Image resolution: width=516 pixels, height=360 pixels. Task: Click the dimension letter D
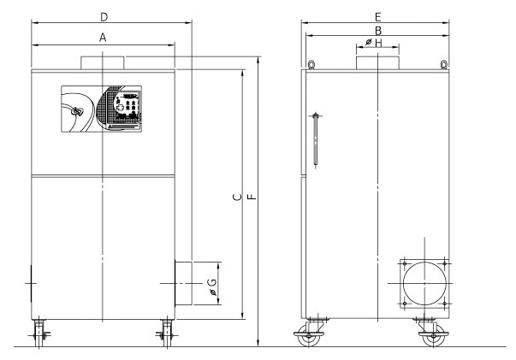click(x=104, y=17)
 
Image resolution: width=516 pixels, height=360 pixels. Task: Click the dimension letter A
click(x=103, y=38)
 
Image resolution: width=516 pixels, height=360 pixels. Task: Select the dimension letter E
click(x=377, y=17)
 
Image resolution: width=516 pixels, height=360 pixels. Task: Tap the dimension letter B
click(x=378, y=31)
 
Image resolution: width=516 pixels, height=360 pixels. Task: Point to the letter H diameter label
click(x=373, y=43)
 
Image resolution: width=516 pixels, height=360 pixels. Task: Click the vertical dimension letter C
click(x=237, y=198)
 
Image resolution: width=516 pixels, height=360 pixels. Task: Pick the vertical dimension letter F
click(x=252, y=197)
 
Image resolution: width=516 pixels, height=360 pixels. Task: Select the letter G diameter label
click(x=212, y=287)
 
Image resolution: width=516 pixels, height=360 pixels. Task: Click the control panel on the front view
click(x=101, y=109)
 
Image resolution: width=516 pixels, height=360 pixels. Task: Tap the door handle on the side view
click(x=316, y=139)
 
